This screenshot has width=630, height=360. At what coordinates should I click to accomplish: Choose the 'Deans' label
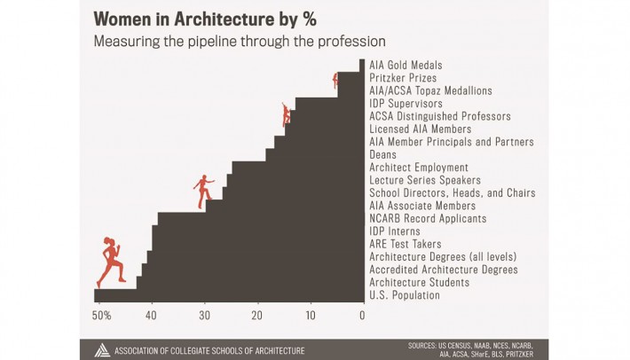tap(384, 154)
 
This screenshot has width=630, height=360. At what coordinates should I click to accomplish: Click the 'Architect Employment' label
tap(418, 168)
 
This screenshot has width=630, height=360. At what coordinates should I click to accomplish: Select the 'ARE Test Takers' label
tap(406, 244)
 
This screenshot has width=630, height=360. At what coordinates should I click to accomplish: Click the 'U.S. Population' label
tap(405, 295)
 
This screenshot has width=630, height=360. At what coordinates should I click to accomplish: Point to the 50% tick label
tap(101, 315)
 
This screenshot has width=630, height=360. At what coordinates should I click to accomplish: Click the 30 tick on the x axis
tap(204, 315)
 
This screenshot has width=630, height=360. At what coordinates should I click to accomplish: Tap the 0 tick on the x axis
tap(362, 315)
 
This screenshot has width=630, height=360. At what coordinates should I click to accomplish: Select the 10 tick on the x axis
tap(310, 315)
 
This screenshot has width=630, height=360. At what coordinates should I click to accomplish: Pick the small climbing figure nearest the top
tap(335, 81)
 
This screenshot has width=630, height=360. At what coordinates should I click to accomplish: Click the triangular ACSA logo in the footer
tap(103, 349)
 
